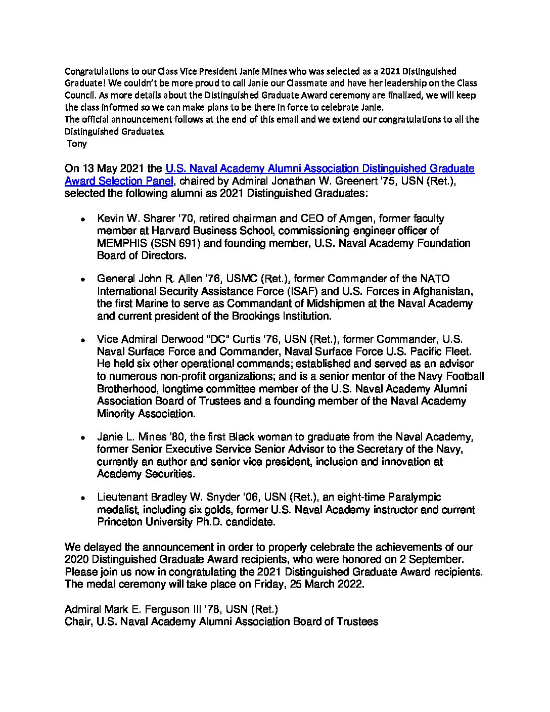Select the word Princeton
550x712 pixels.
(x=121, y=522)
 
